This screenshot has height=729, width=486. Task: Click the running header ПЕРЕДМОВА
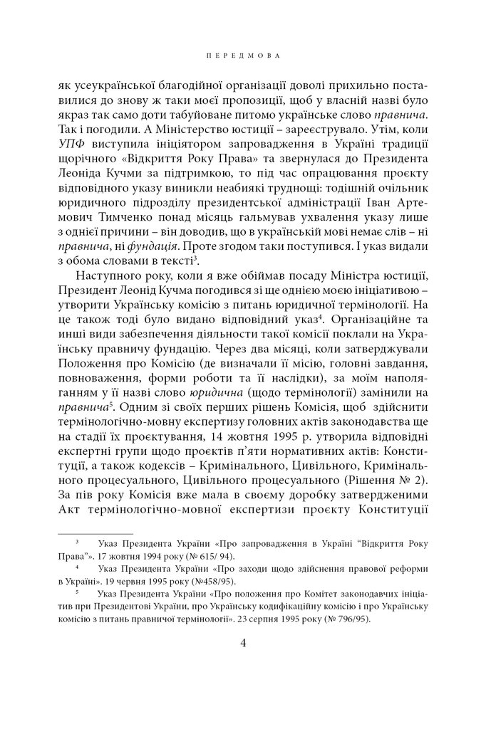(x=242, y=53)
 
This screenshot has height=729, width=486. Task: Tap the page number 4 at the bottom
(x=243, y=644)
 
